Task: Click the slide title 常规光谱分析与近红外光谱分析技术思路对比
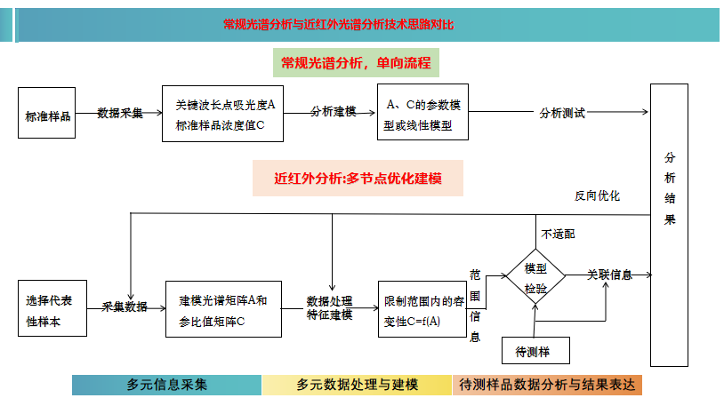339,24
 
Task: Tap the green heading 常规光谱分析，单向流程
356,63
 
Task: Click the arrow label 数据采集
120,113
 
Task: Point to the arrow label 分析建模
334,112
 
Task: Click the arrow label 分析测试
562,114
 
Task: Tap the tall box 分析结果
669,224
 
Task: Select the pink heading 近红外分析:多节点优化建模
358,179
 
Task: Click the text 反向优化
597,195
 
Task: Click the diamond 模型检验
535,278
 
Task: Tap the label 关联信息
609,275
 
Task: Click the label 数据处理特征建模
330,306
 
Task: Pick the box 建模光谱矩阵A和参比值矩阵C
223,308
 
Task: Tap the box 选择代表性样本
52,308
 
